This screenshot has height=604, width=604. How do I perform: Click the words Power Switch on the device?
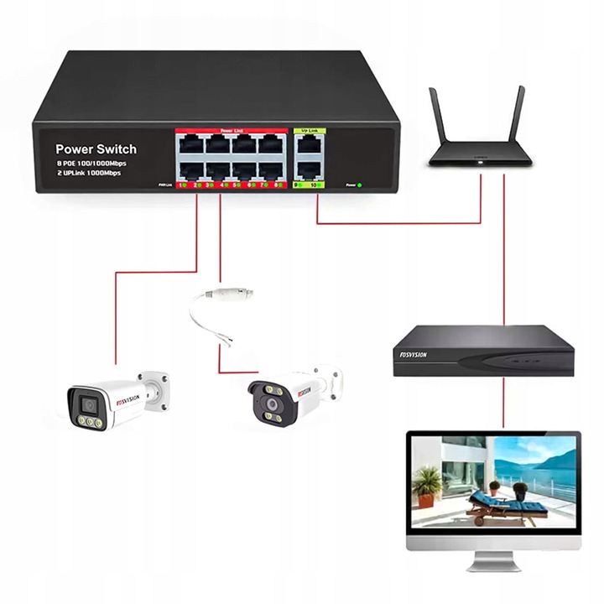coord(96,149)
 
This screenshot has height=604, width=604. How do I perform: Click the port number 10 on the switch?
coord(313,184)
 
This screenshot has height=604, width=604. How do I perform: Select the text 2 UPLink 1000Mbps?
coord(88,174)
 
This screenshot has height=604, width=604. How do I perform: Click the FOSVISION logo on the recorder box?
coord(411,355)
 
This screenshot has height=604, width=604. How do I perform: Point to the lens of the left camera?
coord(88,405)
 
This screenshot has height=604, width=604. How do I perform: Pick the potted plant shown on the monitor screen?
coord(428,485)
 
